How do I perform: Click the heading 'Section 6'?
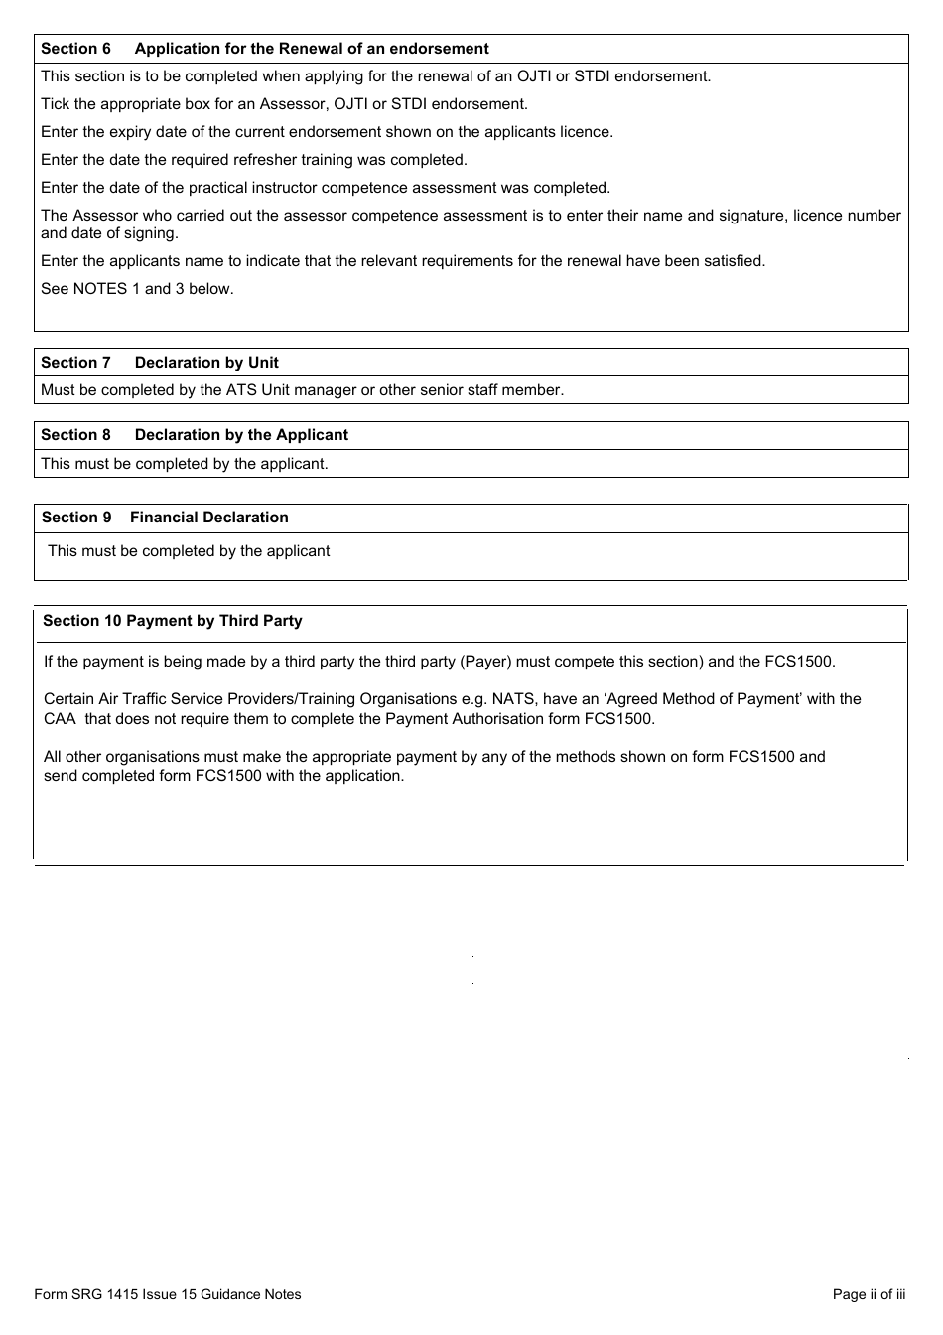coord(75,49)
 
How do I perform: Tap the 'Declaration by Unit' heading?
coord(206,363)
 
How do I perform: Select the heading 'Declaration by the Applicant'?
coord(241,435)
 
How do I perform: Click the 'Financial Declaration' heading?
coord(208,518)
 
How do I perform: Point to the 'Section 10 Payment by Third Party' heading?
coord(172,621)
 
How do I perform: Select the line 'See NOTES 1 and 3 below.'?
coord(137,289)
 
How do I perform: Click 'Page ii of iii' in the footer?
coord(869,1294)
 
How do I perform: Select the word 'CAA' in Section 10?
coord(60,719)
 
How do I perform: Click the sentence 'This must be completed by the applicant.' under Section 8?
coord(184,464)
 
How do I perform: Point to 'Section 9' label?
coord(76,518)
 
